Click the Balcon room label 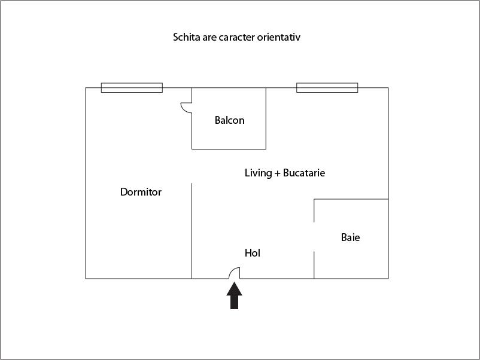click(x=229, y=120)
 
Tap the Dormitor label click(x=141, y=192)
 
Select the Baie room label click(x=350, y=237)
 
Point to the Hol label click(x=253, y=253)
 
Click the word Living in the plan click(x=258, y=173)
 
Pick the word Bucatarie click(x=304, y=173)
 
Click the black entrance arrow click(x=234, y=295)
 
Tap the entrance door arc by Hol click(x=234, y=272)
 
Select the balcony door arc click(x=186, y=107)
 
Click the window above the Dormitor click(x=132, y=88)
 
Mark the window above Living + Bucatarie click(x=327, y=88)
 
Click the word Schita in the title click(x=186, y=37)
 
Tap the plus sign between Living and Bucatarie click(x=278, y=173)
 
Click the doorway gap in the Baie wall click(x=314, y=237)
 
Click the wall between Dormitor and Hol click(x=192, y=230)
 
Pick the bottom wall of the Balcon click(x=229, y=149)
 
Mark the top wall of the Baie click(x=351, y=199)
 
